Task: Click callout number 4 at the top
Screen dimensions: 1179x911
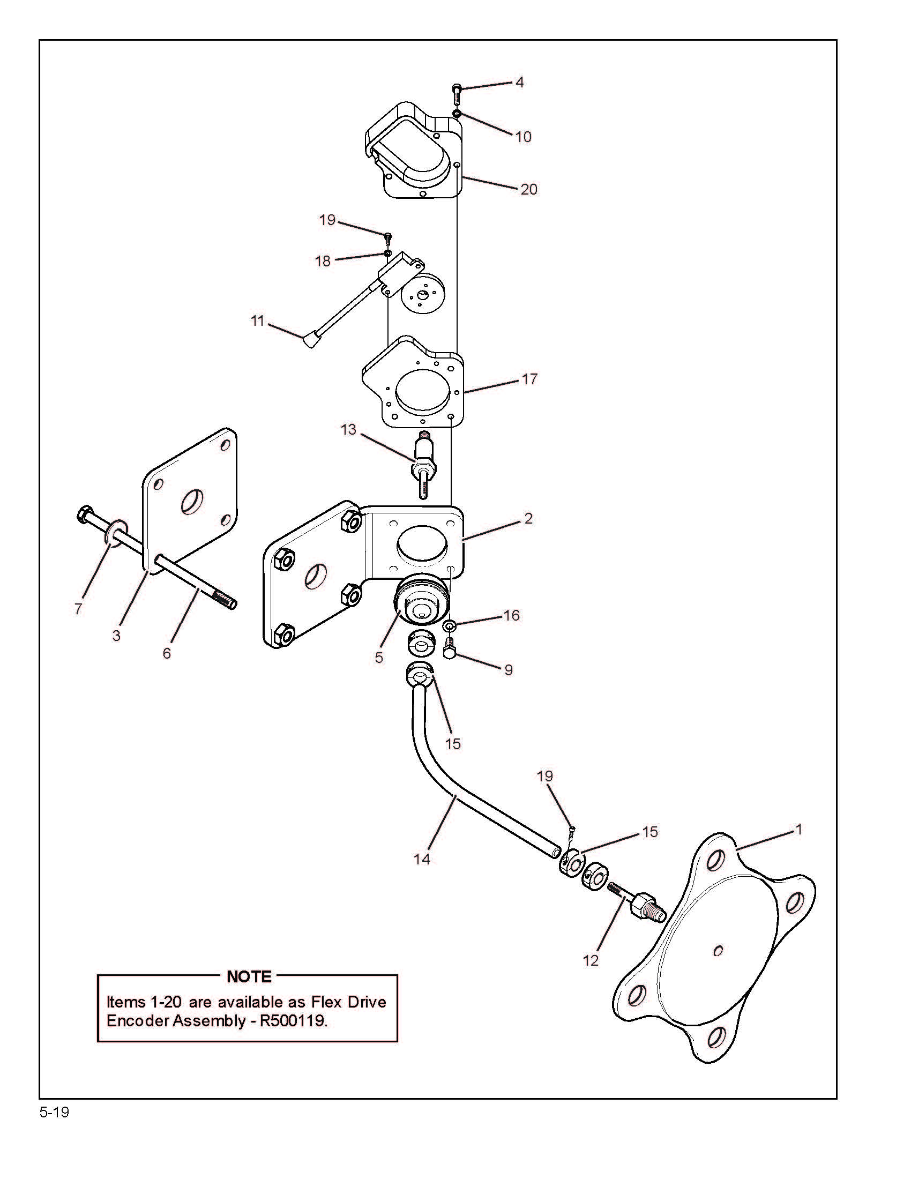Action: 519,83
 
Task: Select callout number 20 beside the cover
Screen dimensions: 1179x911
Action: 528,190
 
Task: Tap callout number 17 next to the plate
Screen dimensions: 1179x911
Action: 529,379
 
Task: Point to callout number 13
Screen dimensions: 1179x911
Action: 349,430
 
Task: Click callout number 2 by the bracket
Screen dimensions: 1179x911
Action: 528,519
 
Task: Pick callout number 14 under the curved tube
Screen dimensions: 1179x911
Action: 422,859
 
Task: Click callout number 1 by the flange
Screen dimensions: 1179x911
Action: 800,829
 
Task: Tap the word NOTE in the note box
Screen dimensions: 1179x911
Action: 249,976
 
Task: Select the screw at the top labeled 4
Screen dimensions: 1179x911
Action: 457,94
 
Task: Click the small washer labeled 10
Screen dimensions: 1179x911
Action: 457,114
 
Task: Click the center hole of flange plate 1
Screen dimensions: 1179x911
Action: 718,951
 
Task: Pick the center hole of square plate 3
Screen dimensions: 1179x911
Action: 192,501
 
